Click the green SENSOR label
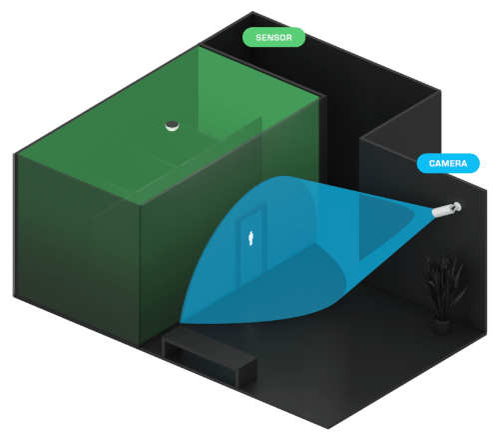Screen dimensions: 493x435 (x=273, y=37)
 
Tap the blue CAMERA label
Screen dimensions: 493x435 (x=448, y=163)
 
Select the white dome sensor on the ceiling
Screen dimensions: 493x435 (x=173, y=126)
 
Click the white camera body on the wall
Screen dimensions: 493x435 (x=442, y=210)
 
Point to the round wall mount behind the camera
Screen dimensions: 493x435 (x=456, y=207)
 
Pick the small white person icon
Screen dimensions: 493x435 (x=251, y=238)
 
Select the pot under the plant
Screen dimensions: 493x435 (x=442, y=325)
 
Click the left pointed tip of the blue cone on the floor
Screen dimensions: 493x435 (x=181, y=322)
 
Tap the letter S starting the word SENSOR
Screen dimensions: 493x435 (x=258, y=37)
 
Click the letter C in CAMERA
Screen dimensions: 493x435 (x=432, y=163)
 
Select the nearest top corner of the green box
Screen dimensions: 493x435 (x=140, y=204)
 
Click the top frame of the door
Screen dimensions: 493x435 (x=251, y=210)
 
